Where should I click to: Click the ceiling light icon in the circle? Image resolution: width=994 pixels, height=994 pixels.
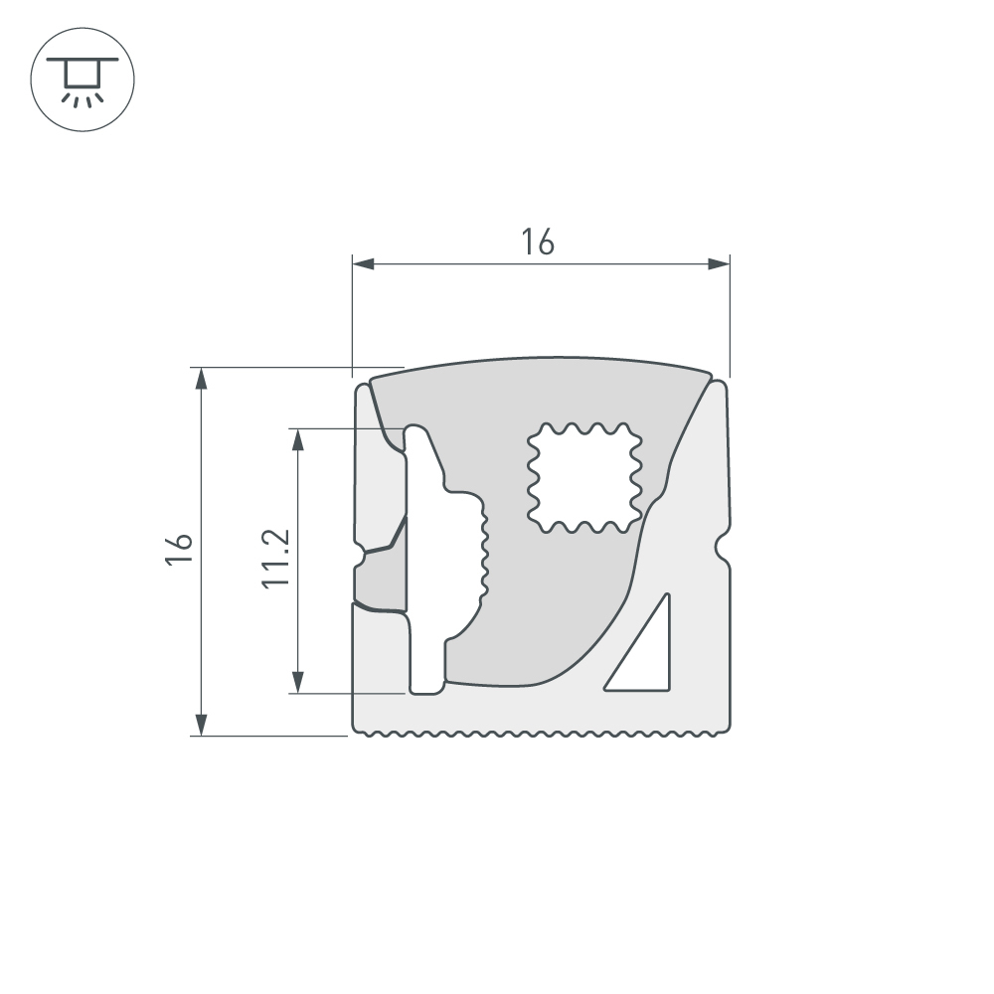pyautogui.click(x=83, y=79)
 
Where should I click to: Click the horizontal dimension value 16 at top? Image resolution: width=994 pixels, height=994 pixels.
pyautogui.click(x=538, y=242)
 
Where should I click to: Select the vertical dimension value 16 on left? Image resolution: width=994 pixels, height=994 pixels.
pyautogui.click(x=179, y=550)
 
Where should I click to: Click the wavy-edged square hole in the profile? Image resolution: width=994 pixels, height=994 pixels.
pyautogui.click(x=582, y=476)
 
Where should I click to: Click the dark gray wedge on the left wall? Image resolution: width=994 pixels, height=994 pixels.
pyautogui.click(x=388, y=577)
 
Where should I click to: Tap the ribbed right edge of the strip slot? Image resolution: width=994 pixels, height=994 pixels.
pyautogui.click(x=486, y=552)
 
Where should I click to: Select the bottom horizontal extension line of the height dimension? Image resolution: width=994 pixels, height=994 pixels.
pyautogui.click(x=268, y=736)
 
